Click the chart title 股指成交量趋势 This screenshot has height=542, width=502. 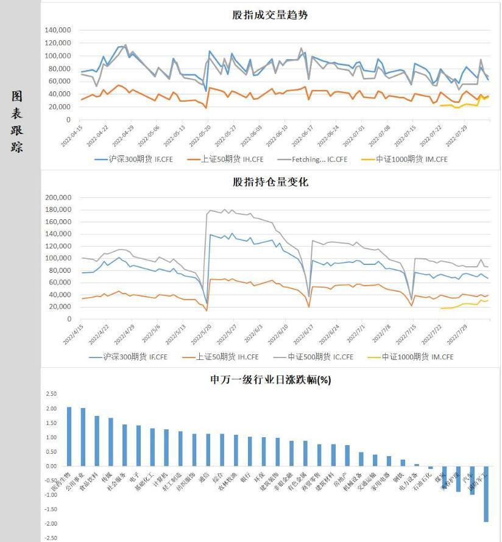(x=270, y=15)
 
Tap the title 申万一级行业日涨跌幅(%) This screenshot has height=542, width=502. (x=270, y=379)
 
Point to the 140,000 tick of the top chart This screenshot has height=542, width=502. (x=58, y=30)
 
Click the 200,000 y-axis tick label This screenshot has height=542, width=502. (x=58, y=197)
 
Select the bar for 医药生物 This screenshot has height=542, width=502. (x=69, y=436)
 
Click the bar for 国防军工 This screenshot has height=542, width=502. (x=486, y=494)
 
